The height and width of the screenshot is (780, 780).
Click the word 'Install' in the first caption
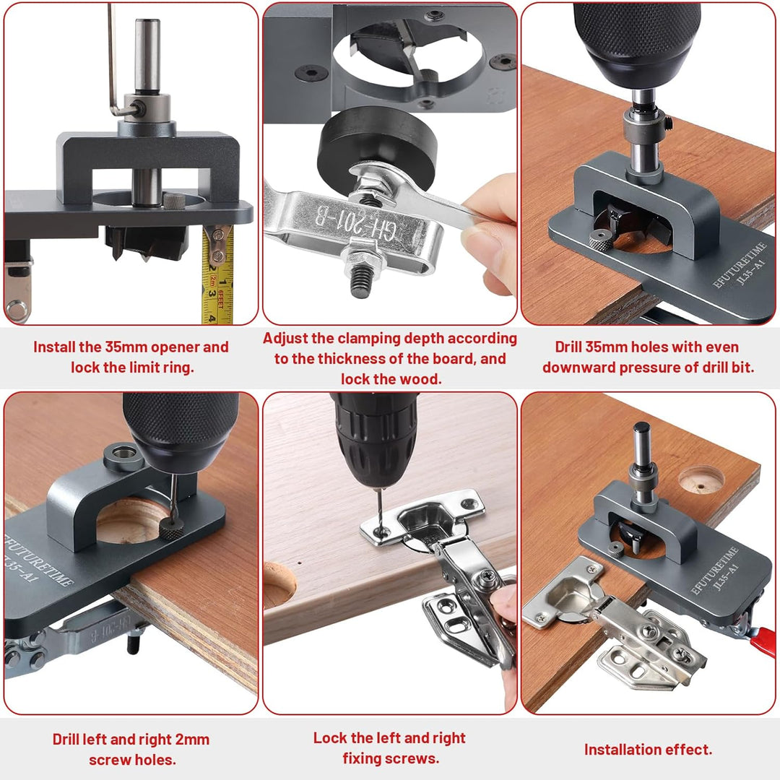[x=53, y=347]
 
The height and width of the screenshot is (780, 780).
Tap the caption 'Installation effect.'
[x=648, y=749]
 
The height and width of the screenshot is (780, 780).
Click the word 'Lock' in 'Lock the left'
[x=330, y=737]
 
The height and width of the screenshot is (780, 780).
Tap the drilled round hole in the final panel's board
[x=701, y=480]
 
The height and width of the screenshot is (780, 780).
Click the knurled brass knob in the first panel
[x=174, y=201]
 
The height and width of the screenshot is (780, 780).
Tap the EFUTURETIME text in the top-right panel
[x=740, y=264]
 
